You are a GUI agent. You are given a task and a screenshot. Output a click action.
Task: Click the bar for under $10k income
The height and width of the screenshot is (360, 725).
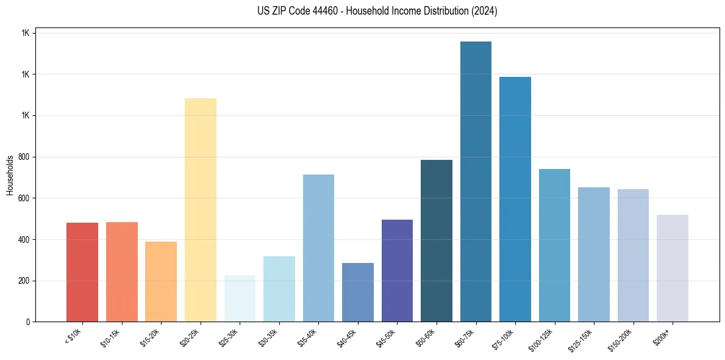point(82,272)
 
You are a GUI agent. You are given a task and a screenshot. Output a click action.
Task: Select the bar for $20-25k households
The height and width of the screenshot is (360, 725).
point(201,210)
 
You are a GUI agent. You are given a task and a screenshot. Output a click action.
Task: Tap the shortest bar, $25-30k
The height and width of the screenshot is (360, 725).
point(240,298)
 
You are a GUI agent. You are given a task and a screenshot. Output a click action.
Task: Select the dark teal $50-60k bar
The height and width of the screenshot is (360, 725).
point(437,241)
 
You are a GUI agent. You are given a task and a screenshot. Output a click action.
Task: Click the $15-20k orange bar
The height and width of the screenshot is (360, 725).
point(161,281)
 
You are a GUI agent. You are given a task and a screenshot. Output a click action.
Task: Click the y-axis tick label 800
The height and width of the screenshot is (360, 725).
point(24,157)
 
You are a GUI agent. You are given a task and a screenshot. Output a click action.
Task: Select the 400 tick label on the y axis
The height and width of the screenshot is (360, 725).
point(24,239)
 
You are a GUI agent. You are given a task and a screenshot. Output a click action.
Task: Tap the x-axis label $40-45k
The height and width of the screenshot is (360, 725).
point(347,337)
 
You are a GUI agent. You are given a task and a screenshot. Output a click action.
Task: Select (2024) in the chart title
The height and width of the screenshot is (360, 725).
point(485,11)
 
